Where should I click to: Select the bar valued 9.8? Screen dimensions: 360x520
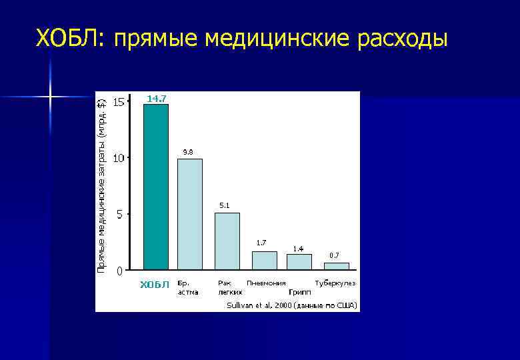click(189, 213)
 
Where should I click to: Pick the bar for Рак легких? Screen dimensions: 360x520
click(227, 241)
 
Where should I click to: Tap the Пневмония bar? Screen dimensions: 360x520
click(264, 260)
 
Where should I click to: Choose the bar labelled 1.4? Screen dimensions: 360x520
click(299, 261)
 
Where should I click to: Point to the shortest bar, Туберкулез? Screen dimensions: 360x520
click(336, 266)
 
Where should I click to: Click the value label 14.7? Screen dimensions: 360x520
click(157, 99)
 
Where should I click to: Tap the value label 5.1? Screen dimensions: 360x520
click(225, 205)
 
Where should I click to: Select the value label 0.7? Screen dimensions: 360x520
click(334, 255)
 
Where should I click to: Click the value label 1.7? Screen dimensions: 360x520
click(262, 242)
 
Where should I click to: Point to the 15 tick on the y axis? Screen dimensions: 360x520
click(118, 102)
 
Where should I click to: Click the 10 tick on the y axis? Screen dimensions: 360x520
click(118, 158)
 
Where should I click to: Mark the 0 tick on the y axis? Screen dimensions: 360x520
click(119, 271)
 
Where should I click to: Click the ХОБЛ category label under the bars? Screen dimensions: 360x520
click(155, 285)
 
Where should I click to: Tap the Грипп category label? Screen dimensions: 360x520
click(299, 292)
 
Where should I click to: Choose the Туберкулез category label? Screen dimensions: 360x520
click(336, 283)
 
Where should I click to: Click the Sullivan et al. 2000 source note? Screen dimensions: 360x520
click(292, 305)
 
